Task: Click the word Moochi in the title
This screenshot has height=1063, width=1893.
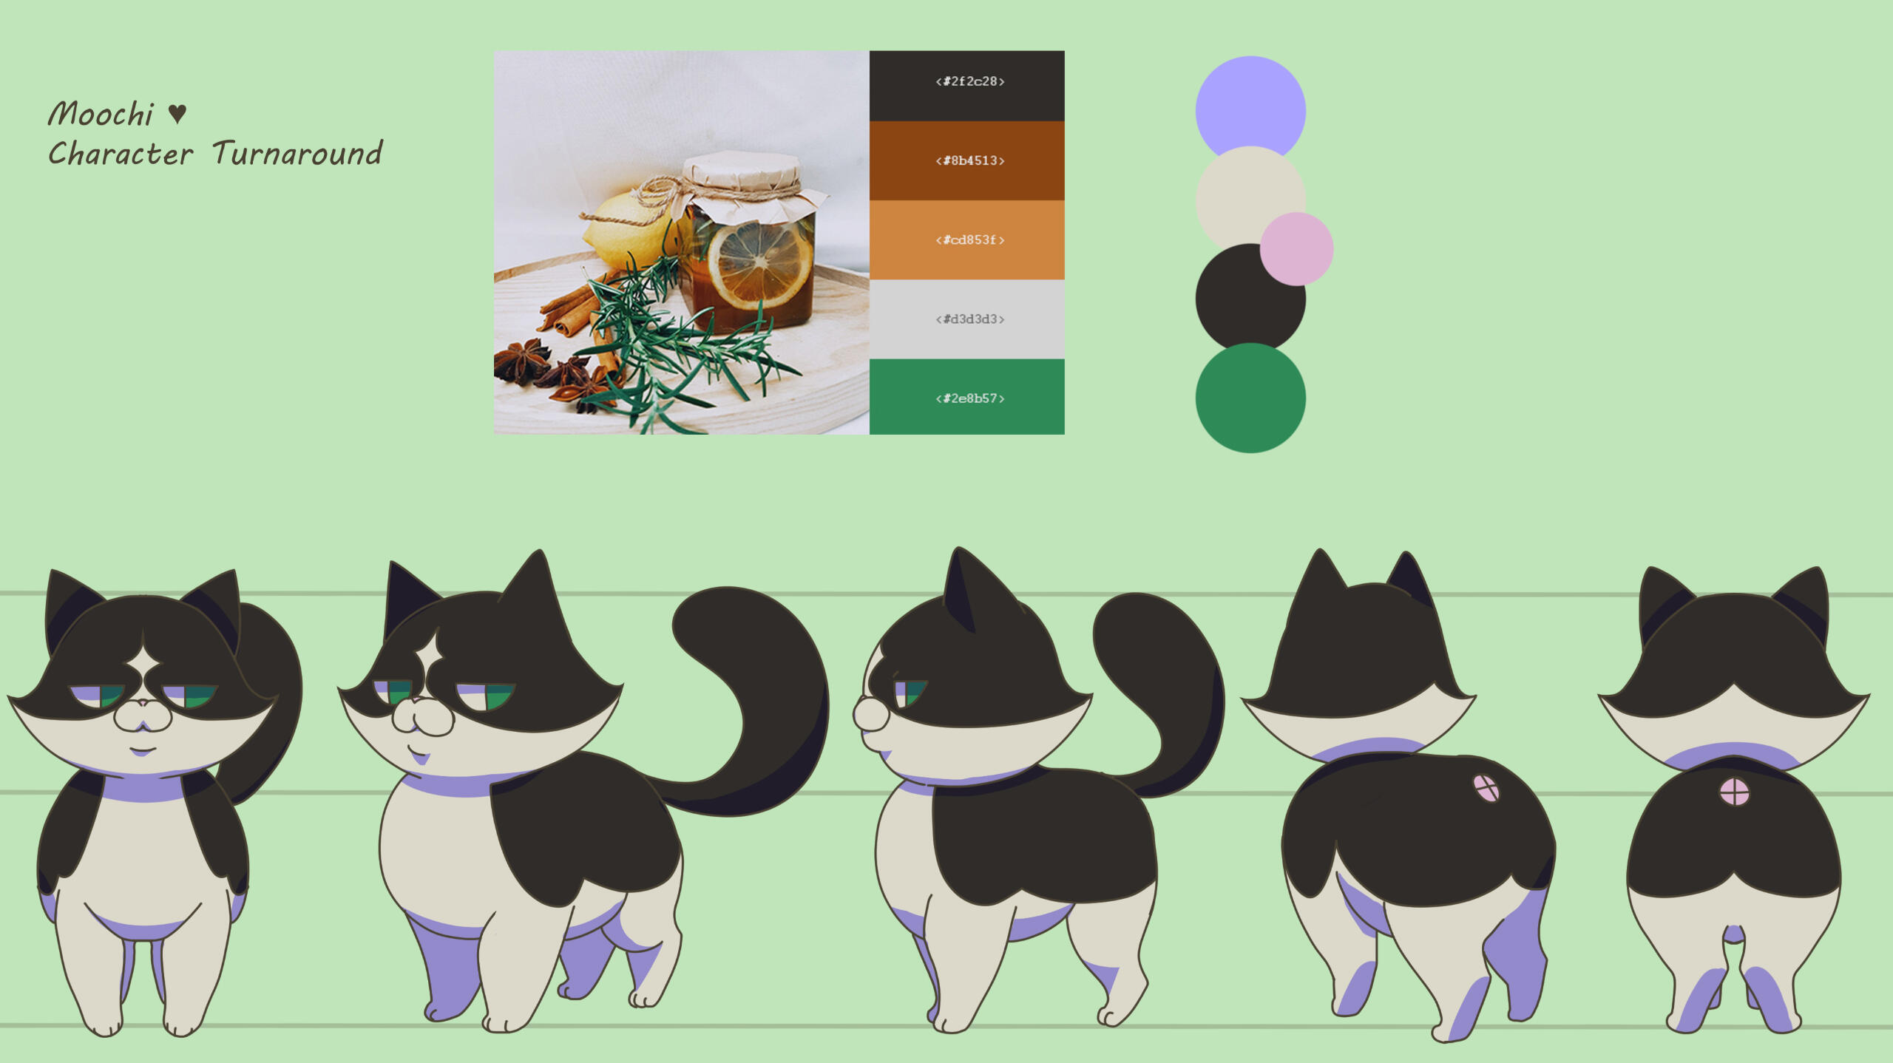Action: (x=101, y=114)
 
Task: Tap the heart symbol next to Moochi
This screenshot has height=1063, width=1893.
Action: (x=177, y=113)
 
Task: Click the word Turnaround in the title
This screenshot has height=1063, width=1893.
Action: (x=297, y=153)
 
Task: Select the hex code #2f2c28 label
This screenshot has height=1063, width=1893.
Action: (x=969, y=81)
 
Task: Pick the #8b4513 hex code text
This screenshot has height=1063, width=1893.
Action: (x=969, y=160)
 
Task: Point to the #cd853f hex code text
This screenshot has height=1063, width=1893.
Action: (x=969, y=240)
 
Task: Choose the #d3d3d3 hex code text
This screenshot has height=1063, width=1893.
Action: (x=969, y=319)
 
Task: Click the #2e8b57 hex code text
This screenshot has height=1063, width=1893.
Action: (x=969, y=398)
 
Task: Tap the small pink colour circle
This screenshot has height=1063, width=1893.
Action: (x=1296, y=249)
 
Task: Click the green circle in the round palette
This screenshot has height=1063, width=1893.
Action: (x=1250, y=398)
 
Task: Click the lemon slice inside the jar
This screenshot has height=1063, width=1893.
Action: (x=759, y=264)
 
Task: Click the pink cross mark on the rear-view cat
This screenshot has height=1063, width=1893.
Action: (x=1734, y=792)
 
